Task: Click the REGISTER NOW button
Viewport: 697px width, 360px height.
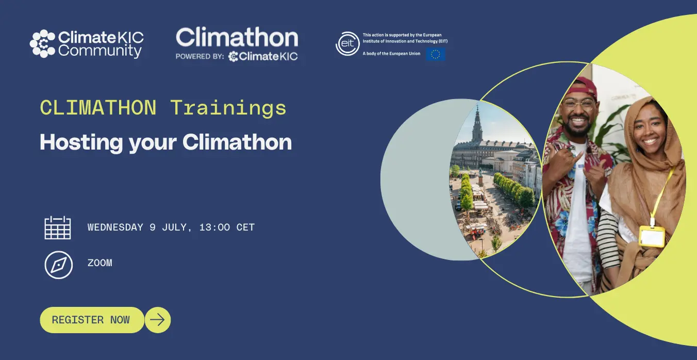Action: [92, 320]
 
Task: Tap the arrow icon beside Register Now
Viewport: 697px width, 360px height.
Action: [157, 320]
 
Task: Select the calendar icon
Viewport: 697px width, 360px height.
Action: [58, 227]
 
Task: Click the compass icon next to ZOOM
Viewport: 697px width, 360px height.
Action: [58, 265]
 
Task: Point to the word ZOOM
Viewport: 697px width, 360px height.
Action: [100, 263]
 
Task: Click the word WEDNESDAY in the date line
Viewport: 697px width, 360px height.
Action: [115, 227]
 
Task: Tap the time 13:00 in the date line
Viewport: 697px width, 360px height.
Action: [214, 227]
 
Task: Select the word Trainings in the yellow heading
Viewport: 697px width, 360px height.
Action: [228, 108]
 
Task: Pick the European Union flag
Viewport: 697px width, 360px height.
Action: [436, 54]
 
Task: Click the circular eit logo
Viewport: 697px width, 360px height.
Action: [347, 44]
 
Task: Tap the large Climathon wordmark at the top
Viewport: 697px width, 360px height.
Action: [237, 37]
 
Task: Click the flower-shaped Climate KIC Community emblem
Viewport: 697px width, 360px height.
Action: [42, 44]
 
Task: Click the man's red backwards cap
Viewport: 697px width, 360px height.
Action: [581, 87]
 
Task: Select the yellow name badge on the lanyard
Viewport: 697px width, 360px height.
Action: [652, 236]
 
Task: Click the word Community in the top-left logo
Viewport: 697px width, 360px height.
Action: [100, 51]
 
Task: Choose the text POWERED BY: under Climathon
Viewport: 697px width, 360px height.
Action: [200, 56]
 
